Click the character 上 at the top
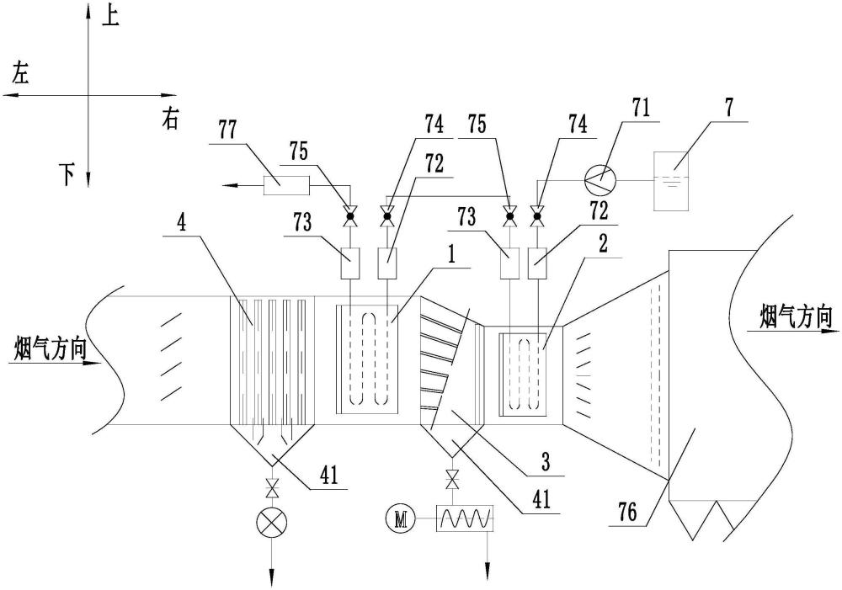click(x=111, y=16)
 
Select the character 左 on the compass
click(x=20, y=73)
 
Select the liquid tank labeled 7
click(x=673, y=181)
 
